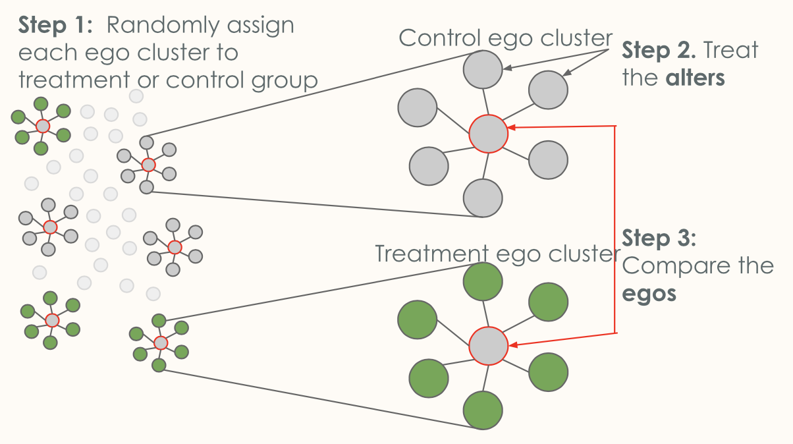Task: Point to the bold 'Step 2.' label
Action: pyautogui.click(x=659, y=50)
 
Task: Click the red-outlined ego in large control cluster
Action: pyautogui.click(x=488, y=134)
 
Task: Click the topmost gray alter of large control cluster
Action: pyautogui.click(x=483, y=69)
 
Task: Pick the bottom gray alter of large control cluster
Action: pyautogui.click(x=483, y=197)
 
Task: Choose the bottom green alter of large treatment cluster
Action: pyautogui.click(x=483, y=410)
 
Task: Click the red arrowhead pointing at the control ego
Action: pyautogui.click(x=512, y=128)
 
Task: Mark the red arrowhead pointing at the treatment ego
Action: pyautogui.click(x=512, y=344)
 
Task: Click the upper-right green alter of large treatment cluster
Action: pyautogui.click(x=547, y=301)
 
